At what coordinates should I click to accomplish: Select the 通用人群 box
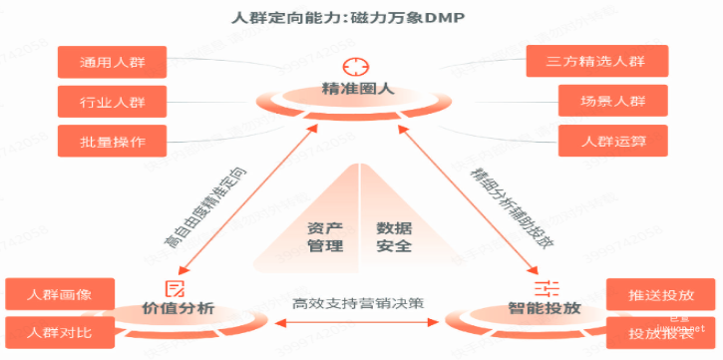coord(113,62)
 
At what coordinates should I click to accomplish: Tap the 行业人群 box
coord(113,101)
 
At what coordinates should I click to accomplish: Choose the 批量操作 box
coord(113,141)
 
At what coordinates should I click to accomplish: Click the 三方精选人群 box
coord(612,62)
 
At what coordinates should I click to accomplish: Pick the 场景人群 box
coord(612,101)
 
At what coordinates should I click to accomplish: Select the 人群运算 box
coord(612,141)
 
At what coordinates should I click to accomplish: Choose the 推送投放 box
coord(661,295)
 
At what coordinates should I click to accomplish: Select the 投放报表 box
coord(661,332)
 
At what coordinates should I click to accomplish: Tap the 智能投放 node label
coord(543,309)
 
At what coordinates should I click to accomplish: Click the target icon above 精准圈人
coord(356,67)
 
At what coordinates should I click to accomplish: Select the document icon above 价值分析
coord(177,288)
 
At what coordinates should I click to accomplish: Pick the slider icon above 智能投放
coord(545,288)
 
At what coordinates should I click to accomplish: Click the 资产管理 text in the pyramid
coord(324,236)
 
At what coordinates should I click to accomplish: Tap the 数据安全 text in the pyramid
coord(394,236)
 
